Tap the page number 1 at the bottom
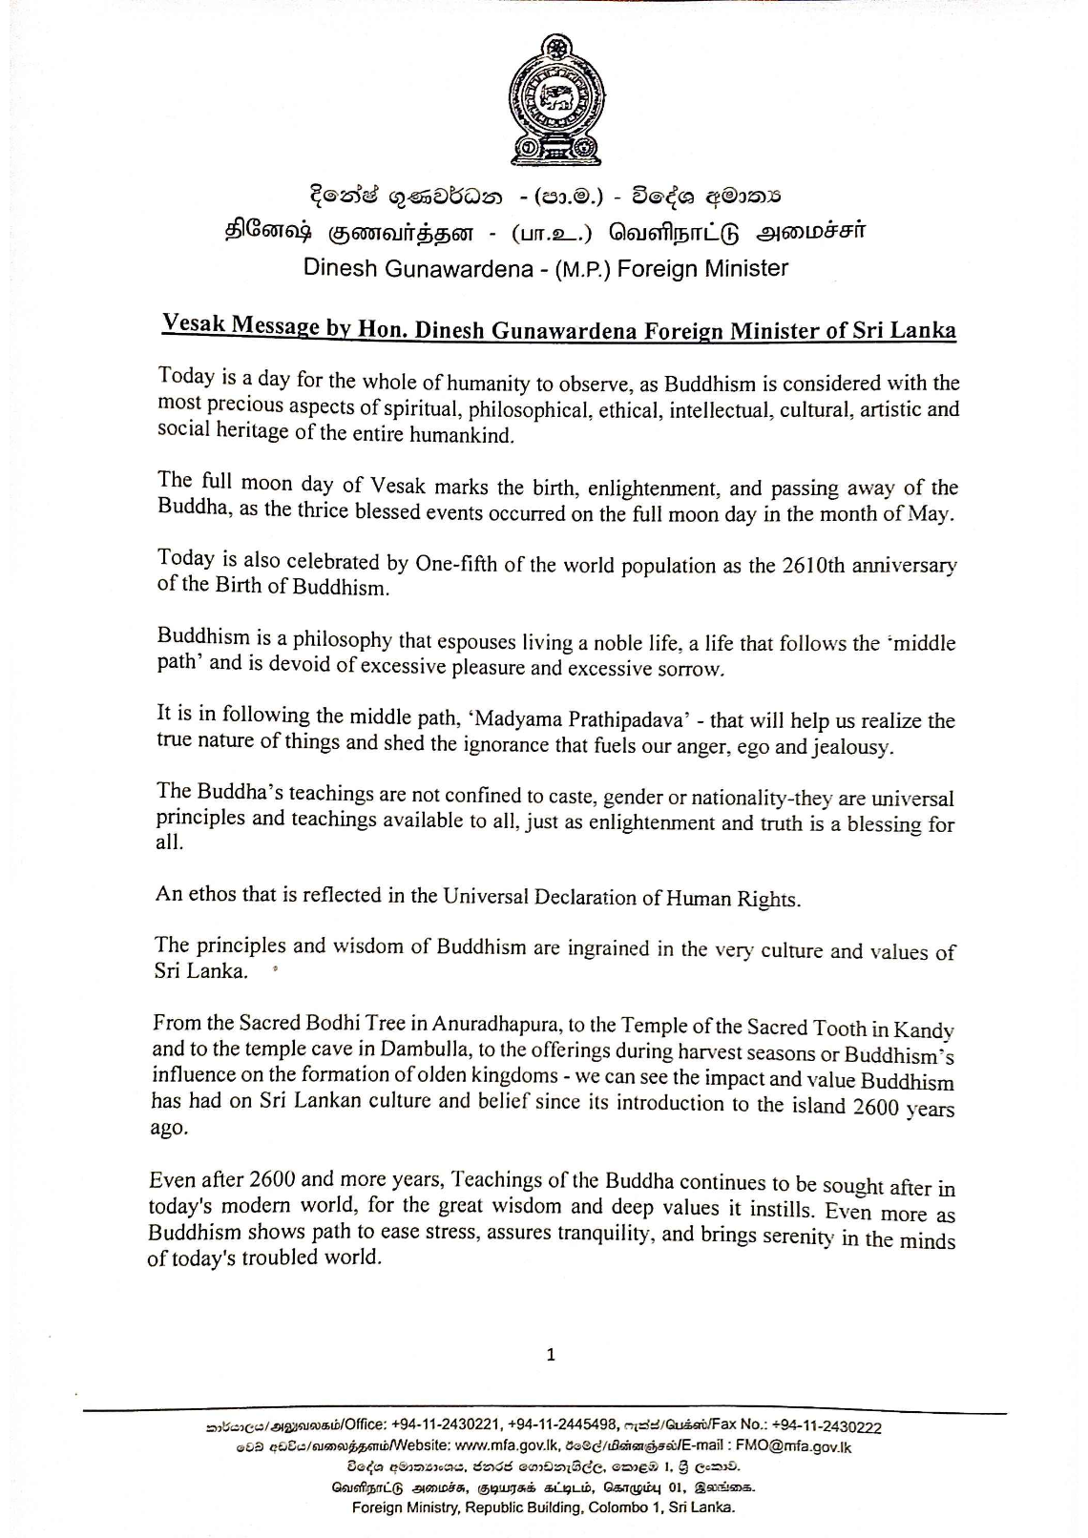coord(551,1354)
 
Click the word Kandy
coord(925,1030)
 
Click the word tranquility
coord(599,1234)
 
